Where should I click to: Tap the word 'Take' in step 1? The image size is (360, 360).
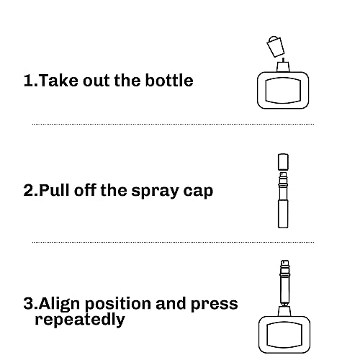click(57, 80)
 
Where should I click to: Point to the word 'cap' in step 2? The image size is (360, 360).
click(197, 191)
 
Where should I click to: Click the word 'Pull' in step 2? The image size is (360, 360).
click(55, 191)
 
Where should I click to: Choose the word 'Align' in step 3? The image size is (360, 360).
click(60, 304)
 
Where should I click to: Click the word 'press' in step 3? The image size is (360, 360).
click(215, 304)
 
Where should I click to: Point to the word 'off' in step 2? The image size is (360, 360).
click(91, 191)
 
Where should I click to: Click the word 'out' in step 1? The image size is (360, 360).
click(99, 80)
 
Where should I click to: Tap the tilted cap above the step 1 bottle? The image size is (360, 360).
click(274, 48)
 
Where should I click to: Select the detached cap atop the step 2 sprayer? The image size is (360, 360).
click(282, 162)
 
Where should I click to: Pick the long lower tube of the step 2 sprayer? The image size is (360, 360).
click(282, 212)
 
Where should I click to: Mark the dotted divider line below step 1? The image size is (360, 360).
click(173, 124)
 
